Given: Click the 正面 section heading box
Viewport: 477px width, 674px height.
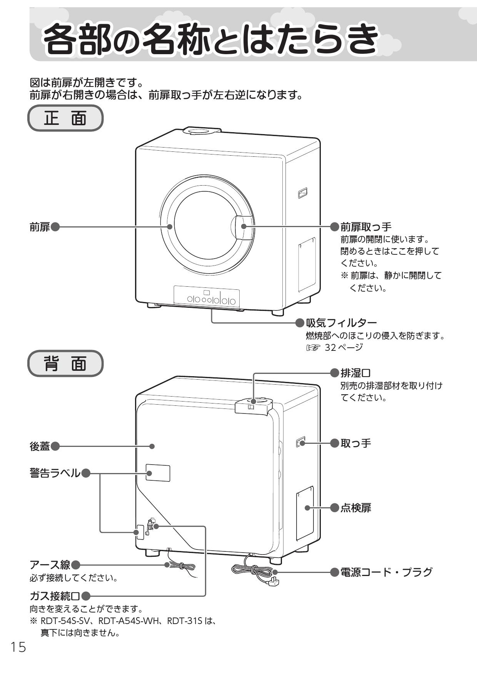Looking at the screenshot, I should pyautogui.click(x=65, y=118).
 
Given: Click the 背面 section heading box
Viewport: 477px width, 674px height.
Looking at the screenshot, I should pyautogui.click(x=65, y=363).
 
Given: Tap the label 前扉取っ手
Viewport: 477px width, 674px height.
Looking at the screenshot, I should pyautogui.click(x=365, y=227).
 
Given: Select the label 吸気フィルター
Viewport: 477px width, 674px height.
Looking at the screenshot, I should pyautogui.click(x=341, y=322).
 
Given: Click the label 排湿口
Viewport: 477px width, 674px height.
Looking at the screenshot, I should pyautogui.click(x=355, y=372).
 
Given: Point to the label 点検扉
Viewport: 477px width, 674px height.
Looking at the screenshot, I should pyautogui.click(x=355, y=508).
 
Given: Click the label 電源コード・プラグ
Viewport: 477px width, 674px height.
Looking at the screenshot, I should pyautogui.click(x=386, y=572).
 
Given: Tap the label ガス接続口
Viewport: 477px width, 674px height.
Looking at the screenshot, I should pyautogui.click(x=55, y=596).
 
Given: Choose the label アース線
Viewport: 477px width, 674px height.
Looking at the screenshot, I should pyautogui.click(x=50, y=565).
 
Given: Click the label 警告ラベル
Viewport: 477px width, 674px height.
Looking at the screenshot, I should pyautogui.click(x=55, y=473).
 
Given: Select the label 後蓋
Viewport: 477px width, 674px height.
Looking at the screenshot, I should pyautogui.click(x=40, y=446).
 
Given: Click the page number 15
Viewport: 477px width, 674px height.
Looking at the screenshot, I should pyautogui.click(x=18, y=647).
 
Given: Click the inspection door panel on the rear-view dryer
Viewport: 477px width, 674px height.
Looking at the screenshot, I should pyautogui.click(x=305, y=513).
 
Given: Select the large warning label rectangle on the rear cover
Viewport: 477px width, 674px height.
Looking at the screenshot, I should pyautogui.click(x=158, y=473).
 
